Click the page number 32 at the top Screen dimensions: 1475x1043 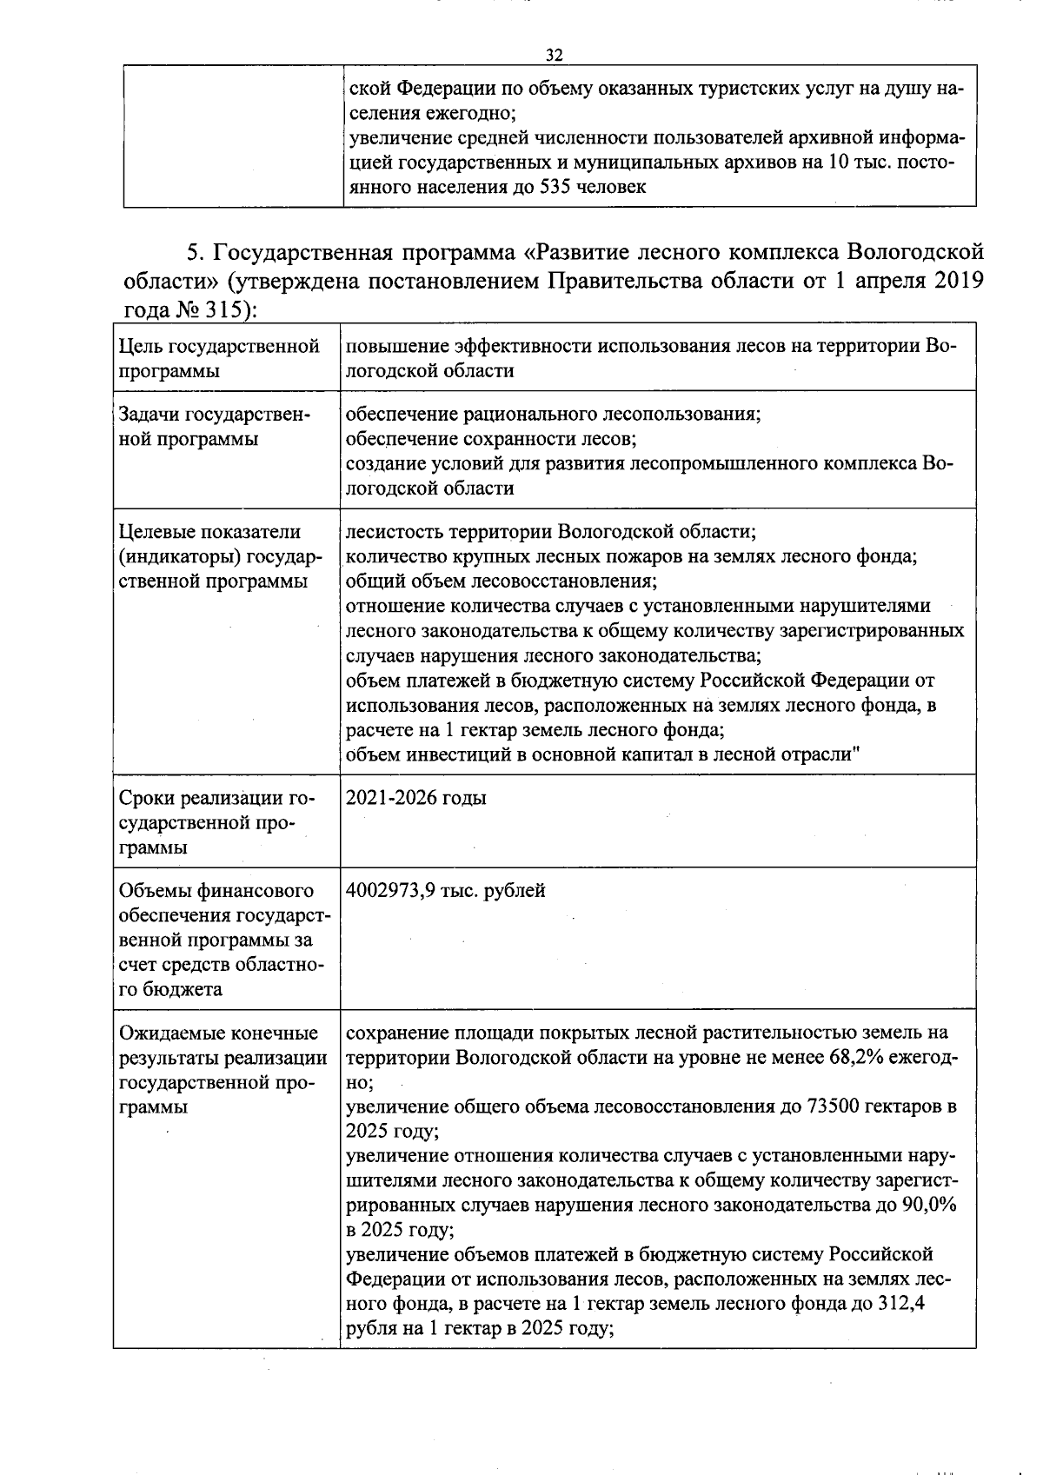(x=555, y=55)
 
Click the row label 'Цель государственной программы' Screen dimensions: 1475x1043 (x=219, y=359)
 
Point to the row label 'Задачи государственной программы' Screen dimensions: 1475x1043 (x=214, y=426)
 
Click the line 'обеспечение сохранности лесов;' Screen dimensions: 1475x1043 (x=491, y=439)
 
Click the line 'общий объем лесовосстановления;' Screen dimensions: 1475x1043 (x=502, y=581)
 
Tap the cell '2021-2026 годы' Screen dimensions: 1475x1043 (x=415, y=798)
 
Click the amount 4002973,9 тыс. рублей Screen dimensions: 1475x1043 (x=445, y=891)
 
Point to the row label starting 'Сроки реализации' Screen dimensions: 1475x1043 (x=214, y=822)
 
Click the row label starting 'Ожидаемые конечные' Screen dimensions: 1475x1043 (x=223, y=1070)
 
